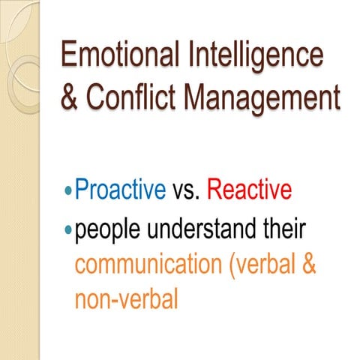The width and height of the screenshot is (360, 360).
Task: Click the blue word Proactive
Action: (x=121, y=190)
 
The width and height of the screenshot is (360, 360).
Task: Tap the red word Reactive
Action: (x=248, y=190)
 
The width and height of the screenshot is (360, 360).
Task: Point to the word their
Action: (x=284, y=227)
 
